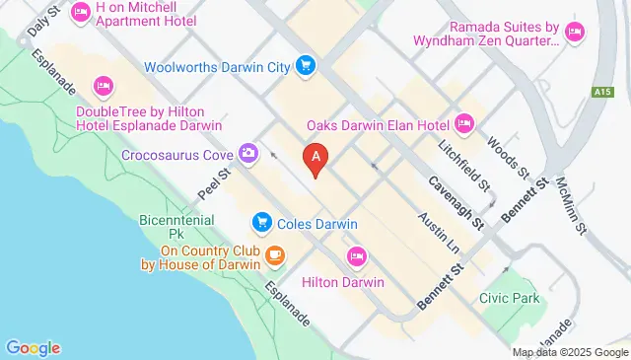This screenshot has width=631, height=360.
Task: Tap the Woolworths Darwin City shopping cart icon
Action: [306, 67]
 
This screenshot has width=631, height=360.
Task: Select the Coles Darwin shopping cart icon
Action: [261, 224]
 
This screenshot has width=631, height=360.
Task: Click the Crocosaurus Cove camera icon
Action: [247, 154]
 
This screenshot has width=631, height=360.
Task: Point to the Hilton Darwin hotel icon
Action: [357, 256]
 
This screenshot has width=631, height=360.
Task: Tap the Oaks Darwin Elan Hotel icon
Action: [465, 124]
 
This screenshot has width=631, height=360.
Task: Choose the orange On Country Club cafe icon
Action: [273, 257]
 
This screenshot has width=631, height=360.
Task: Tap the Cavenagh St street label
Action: [455, 202]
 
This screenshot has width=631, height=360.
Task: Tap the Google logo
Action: [33, 347]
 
